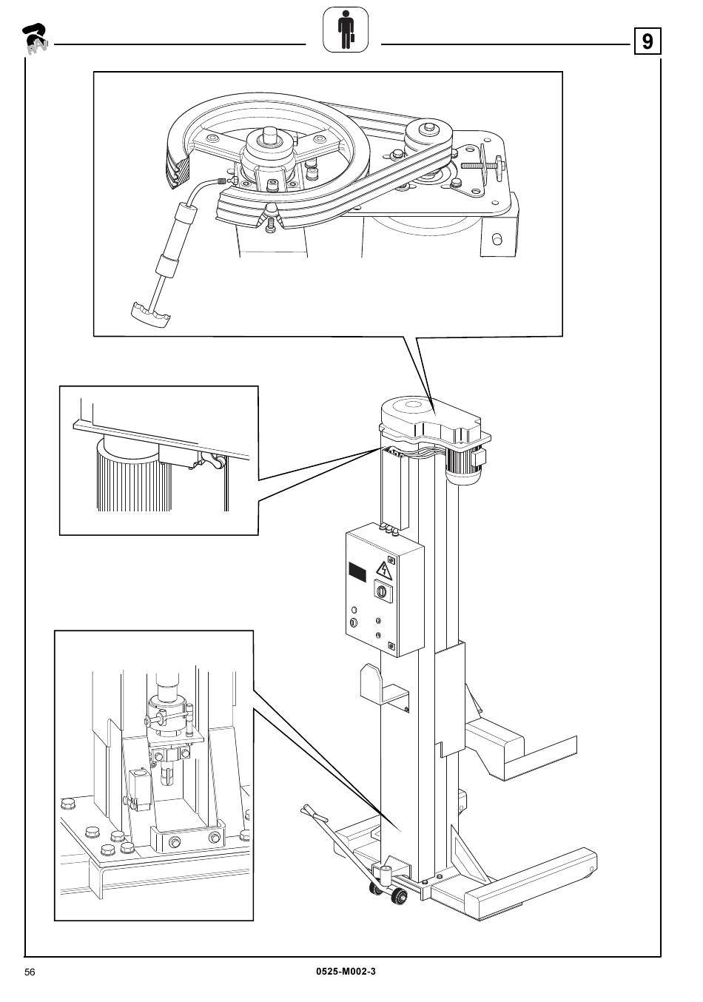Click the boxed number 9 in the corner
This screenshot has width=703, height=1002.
point(647,42)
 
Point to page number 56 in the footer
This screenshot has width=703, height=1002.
point(30,972)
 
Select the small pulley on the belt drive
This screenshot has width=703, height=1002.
point(425,136)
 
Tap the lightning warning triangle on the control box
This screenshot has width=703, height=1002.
point(383,571)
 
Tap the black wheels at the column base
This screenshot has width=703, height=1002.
point(397,897)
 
